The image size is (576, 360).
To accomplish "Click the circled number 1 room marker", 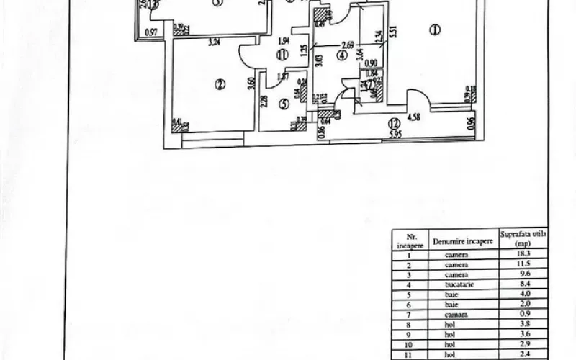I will point(434,30).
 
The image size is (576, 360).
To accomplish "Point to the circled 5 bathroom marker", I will point(284,104).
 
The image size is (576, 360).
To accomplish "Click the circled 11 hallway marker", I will point(283,53).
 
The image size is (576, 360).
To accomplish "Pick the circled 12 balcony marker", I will point(392,122).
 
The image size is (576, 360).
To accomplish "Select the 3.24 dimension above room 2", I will point(213,42).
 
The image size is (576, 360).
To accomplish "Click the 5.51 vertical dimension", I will point(393,32).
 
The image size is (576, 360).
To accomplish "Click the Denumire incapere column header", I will point(461,240).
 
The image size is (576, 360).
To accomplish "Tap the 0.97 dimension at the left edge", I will point(150,32).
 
